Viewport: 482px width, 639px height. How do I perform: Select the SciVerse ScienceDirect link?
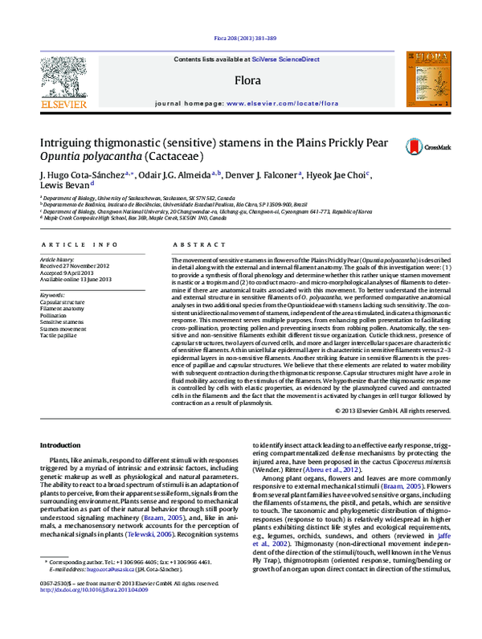(x=285, y=59)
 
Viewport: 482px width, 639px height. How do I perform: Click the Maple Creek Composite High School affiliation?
(x=120, y=218)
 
